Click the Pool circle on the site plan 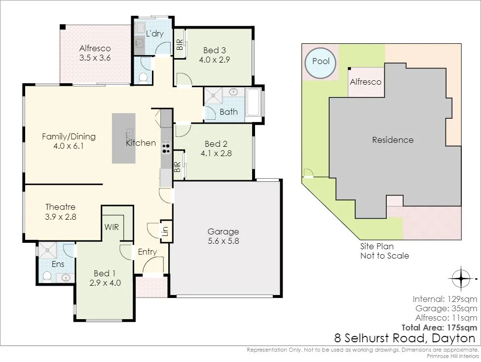[321, 63]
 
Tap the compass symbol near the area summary [461, 279]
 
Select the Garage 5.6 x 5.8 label [223, 236]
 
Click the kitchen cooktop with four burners [166, 147]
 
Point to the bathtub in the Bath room [254, 102]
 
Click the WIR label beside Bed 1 [111, 227]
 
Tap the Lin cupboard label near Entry [165, 231]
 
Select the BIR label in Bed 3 [180, 44]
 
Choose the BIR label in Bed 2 [177, 166]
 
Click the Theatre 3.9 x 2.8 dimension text [60, 217]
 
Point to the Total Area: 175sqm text [439, 328]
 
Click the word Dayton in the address [453, 338]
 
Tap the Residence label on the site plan [393, 140]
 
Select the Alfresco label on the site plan [366, 82]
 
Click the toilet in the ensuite [47, 276]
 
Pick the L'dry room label [154, 33]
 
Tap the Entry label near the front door [147, 252]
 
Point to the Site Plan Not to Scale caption [384, 251]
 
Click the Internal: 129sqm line [445, 299]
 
